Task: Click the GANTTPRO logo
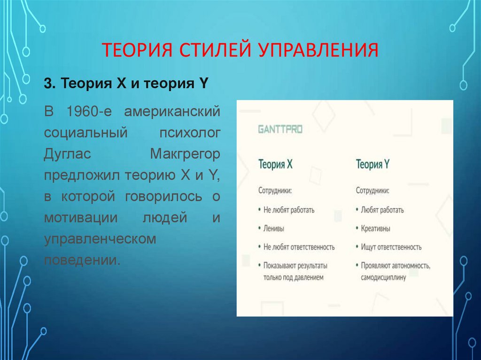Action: click(280, 129)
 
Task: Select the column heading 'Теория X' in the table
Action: click(276, 164)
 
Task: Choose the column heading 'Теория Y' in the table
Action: click(372, 164)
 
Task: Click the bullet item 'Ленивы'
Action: click(274, 229)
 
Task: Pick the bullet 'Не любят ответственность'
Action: click(299, 247)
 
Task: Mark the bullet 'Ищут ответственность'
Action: click(391, 247)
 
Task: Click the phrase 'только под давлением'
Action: click(293, 277)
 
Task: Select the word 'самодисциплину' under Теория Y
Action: click(383, 277)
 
